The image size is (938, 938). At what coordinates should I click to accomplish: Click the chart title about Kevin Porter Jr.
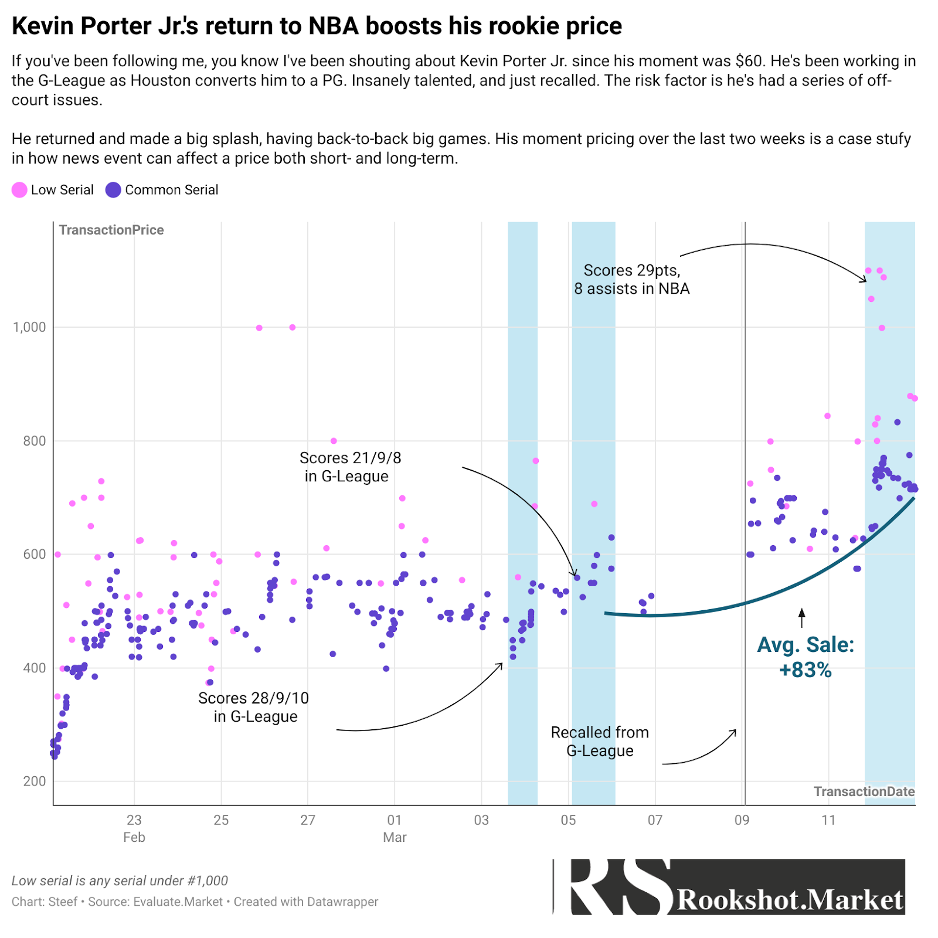click(x=317, y=26)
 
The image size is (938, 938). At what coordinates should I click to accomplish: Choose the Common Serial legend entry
click(x=162, y=190)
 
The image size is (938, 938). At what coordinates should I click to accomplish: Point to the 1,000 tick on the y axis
click(x=29, y=327)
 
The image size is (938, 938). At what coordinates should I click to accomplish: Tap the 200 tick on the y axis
click(x=35, y=781)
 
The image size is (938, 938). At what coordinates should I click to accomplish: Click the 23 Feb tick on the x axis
click(x=134, y=828)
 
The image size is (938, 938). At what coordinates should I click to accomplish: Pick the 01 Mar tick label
click(x=395, y=828)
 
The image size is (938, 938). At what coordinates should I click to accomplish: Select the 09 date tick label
click(x=742, y=820)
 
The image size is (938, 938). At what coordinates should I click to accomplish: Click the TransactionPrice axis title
click(x=111, y=230)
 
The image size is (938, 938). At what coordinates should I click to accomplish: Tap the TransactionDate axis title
click(x=864, y=791)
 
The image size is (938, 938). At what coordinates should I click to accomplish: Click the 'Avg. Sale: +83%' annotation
click(x=806, y=657)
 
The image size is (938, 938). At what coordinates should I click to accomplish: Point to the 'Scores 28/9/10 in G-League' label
click(x=254, y=707)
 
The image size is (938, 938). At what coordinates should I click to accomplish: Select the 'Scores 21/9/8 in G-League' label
click(x=349, y=467)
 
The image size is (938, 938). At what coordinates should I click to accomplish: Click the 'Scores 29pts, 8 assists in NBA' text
click(x=631, y=279)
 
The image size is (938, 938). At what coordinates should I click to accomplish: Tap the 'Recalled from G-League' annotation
click(x=600, y=741)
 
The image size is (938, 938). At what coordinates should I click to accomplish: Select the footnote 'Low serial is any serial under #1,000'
click(x=120, y=881)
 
